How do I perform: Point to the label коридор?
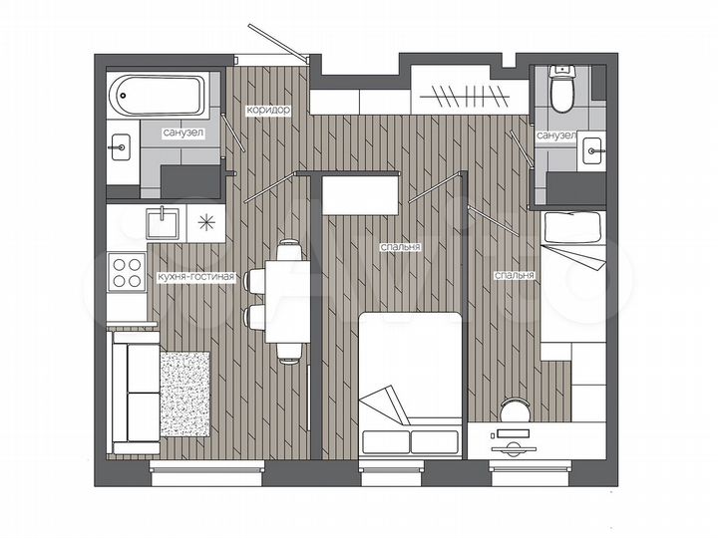coord(269,112)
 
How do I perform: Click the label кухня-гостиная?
coord(195,278)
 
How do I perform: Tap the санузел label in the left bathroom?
coord(184,133)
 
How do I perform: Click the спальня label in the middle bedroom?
coord(399,246)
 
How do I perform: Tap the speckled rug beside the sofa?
coord(184,394)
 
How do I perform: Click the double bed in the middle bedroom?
coord(410,384)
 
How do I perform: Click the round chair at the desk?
coord(517,410)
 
